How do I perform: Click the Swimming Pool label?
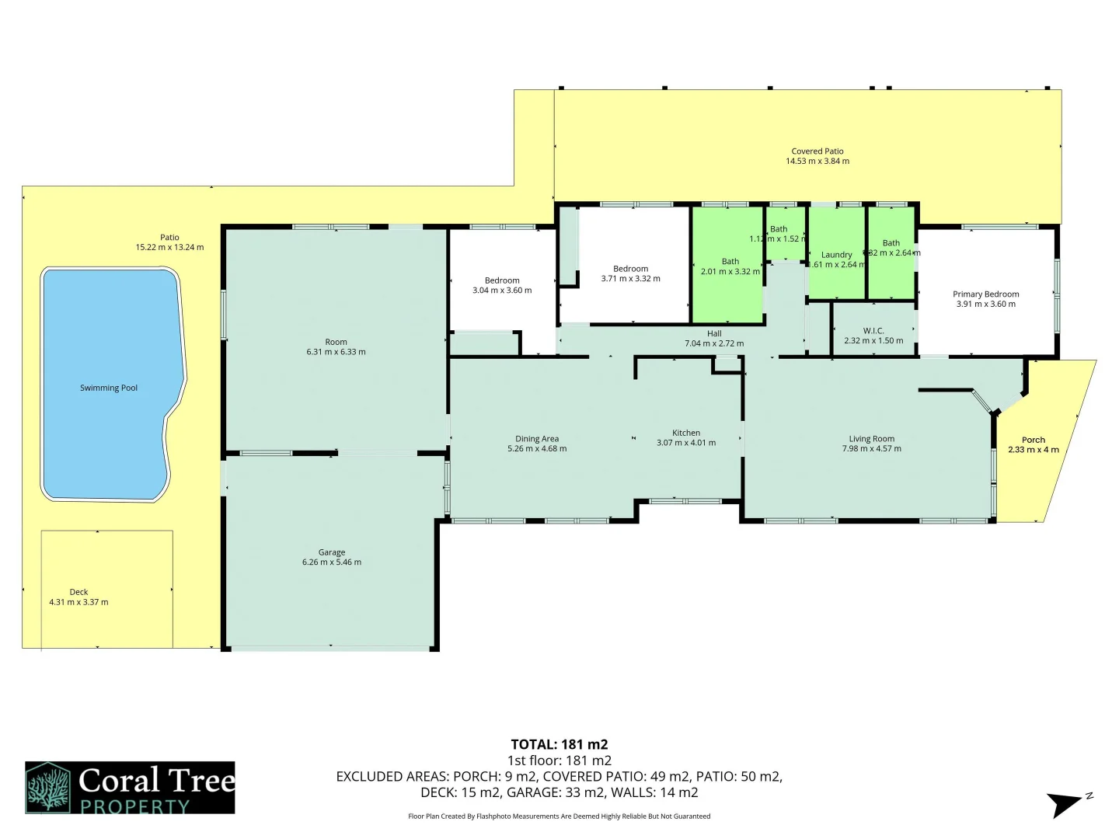[x=109, y=388]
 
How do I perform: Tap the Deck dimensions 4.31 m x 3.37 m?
[x=78, y=602]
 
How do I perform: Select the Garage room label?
[x=332, y=552]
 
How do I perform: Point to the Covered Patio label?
[x=817, y=151]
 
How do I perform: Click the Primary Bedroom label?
[x=985, y=294]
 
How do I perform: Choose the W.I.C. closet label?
[x=873, y=331]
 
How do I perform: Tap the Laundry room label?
[x=837, y=255]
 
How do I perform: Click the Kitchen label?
[x=686, y=433]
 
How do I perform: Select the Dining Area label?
[x=537, y=439]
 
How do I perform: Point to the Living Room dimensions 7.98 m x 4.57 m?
[x=872, y=449]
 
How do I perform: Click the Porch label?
[x=1034, y=440]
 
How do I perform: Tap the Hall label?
[x=714, y=333]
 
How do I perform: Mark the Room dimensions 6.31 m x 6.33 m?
[x=336, y=352]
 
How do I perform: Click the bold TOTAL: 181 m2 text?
[x=559, y=744]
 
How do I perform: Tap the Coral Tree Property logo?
[x=130, y=788]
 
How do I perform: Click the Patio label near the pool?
[x=169, y=238]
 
